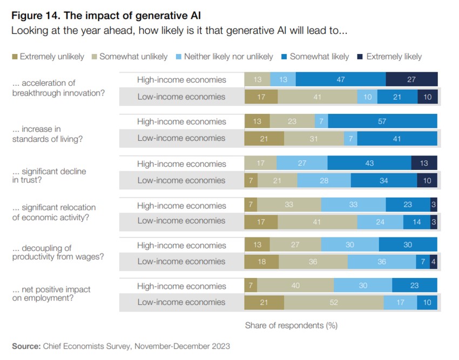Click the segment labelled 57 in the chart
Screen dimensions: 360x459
pos(382,121)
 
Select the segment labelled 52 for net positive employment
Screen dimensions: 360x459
pos(334,302)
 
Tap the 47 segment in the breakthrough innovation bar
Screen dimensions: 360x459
pos(341,80)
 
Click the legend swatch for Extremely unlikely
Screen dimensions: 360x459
pos(15,56)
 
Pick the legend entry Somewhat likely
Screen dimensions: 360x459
pos(319,56)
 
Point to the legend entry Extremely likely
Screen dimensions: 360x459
pos(394,56)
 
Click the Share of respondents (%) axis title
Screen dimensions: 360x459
pos(291,325)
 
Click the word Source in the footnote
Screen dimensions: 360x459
pos(25,346)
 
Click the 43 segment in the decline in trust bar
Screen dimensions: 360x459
pos(369,164)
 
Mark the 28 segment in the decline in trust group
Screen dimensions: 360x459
pos(323,180)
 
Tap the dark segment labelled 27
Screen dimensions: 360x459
pos(411,80)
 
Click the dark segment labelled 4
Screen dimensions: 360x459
pos(434,262)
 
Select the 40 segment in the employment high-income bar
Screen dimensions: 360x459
pos(295,286)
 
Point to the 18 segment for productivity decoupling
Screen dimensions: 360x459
pos(261,262)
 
